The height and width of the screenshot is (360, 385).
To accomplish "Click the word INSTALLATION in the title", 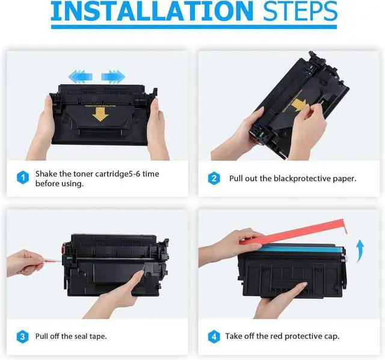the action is (152, 11).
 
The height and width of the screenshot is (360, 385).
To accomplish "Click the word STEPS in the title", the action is (300, 11).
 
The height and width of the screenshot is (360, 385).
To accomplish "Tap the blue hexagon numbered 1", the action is (23, 177).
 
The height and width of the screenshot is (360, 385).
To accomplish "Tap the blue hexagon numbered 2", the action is (214, 178).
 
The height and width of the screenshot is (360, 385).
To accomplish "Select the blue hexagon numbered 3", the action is (23, 337).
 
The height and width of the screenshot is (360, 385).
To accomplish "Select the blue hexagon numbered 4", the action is (214, 337).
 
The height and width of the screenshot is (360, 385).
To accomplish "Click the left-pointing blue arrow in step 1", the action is (80, 76).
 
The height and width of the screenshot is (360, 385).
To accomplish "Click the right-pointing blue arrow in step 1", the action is (113, 76).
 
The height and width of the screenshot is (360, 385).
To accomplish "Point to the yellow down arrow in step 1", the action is (100, 115).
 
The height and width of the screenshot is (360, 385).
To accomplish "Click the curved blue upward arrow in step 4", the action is (360, 250).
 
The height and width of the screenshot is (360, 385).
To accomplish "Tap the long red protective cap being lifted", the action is (294, 232).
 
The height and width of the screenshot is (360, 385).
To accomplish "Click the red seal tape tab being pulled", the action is (52, 261).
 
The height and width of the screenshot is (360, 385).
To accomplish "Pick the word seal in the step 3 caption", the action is (81, 336).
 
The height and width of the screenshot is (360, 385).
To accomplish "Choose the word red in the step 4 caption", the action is (276, 336).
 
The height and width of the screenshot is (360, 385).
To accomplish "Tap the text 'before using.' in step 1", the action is (60, 183).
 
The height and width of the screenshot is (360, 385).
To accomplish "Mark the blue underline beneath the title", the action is (194, 26).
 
